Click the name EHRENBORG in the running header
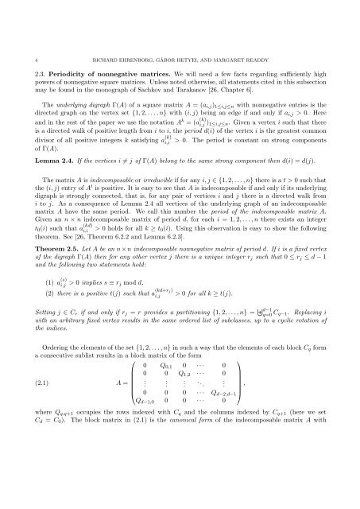tap(132, 34)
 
